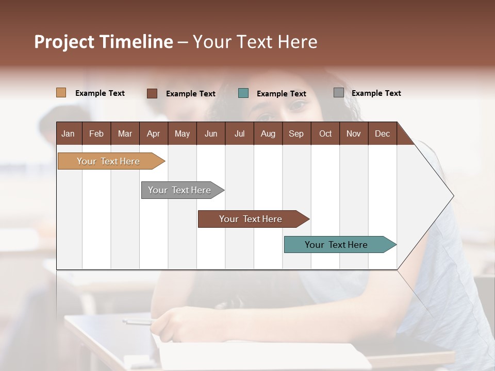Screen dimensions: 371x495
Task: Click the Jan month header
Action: (68, 133)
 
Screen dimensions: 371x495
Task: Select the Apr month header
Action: (153, 133)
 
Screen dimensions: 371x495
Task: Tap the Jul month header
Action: (239, 133)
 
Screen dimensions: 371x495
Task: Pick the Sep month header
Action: (296, 133)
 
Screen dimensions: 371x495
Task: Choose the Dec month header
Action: (382, 133)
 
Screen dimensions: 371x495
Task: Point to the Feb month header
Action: (96, 133)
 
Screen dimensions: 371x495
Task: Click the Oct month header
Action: (325, 133)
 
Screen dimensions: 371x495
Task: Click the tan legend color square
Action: (61, 93)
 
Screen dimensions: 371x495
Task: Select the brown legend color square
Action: (152, 93)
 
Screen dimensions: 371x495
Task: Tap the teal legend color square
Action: (243, 93)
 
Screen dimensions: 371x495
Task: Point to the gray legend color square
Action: (338, 93)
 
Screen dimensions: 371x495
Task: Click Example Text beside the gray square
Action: (376, 93)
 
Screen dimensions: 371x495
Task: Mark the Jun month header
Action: (210, 133)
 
